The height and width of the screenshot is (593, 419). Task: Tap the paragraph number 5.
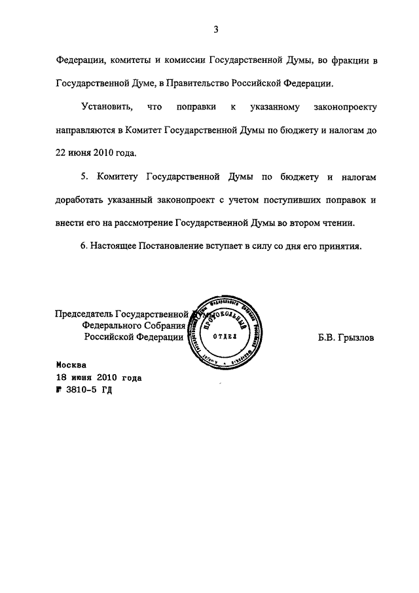point(84,178)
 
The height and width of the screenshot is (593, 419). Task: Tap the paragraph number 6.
point(84,246)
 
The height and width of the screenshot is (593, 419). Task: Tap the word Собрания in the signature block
point(165,325)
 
